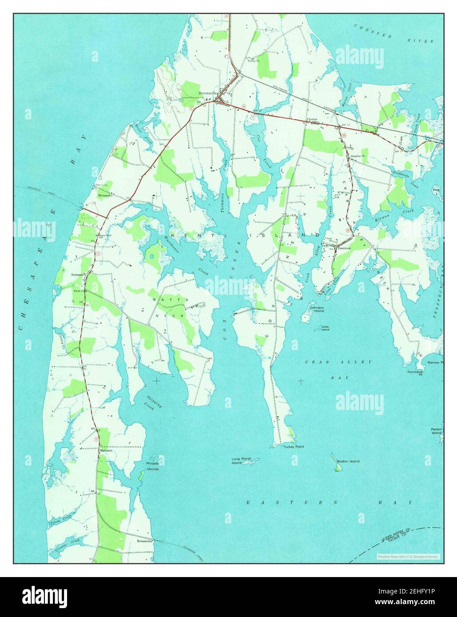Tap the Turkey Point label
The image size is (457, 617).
294,447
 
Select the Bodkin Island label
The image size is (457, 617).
348,461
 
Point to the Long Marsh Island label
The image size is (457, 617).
241,461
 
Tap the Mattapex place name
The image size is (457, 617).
106,450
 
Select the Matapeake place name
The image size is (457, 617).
105,194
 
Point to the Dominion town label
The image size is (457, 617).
344,248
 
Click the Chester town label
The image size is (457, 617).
312,119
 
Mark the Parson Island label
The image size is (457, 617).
436,431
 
